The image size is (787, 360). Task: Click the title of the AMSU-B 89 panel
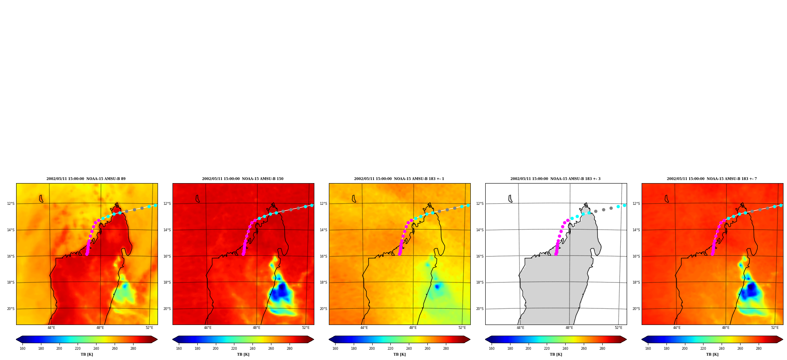click(86, 179)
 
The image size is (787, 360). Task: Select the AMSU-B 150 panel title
click(243, 179)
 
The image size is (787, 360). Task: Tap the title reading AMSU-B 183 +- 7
click(712, 179)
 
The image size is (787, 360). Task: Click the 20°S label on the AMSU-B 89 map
click(11, 309)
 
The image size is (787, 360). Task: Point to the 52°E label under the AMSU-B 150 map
click(306, 328)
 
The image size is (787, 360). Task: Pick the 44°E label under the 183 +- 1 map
click(364, 328)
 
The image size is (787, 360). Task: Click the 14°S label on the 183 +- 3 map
click(480, 230)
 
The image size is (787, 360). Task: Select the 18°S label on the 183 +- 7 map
click(636, 282)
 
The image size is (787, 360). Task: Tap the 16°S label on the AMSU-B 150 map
click(167, 256)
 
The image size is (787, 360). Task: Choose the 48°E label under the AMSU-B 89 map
click(100, 328)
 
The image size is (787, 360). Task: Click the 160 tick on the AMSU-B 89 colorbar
click(22, 349)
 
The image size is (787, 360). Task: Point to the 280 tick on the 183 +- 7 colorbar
click(759, 349)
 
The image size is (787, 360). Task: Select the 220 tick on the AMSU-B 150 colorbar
click(234, 349)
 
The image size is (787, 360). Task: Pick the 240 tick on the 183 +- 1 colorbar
click(409, 349)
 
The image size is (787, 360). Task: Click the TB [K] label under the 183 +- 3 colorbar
click(556, 354)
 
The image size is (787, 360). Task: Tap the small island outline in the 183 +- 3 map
click(510, 199)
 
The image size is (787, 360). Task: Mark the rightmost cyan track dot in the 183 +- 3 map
click(624, 205)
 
